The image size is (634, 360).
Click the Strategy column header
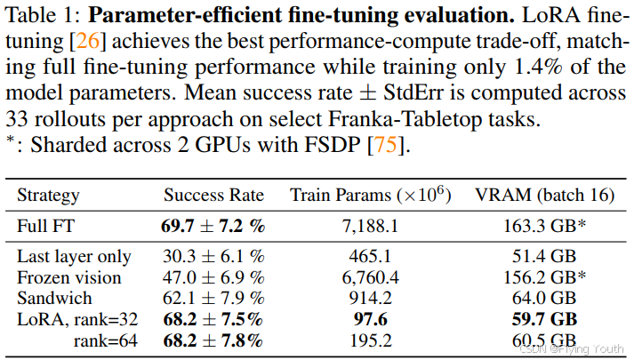click(x=48, y=196)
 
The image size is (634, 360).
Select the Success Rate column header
click(x=213, y=196)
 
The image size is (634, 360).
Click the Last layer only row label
click(x=74, y=257)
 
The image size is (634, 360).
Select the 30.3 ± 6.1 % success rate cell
click(x=213, y=257)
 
